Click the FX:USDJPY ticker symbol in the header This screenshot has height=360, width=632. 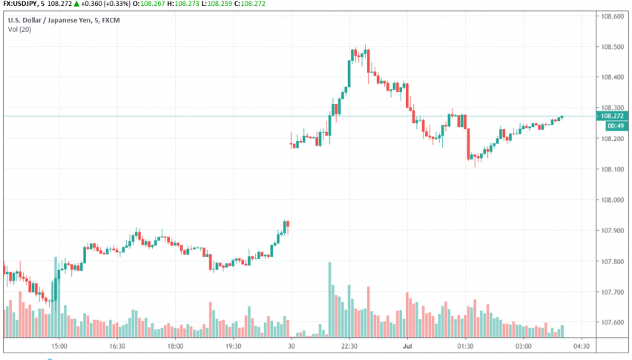pos(19,4)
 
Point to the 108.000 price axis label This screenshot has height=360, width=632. pos(612,200)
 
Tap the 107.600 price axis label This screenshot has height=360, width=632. pos(612,322)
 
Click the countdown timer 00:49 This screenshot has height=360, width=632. pos(613,126)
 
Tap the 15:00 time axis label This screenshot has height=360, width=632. pos(59,346)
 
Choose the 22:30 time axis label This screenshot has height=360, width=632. pos(349,346)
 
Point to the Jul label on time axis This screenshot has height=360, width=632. pos(407,346)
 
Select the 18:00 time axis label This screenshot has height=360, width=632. pos(175,346)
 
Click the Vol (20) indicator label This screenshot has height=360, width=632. pos(20,30)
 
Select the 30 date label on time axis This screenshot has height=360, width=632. pos(292,346)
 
